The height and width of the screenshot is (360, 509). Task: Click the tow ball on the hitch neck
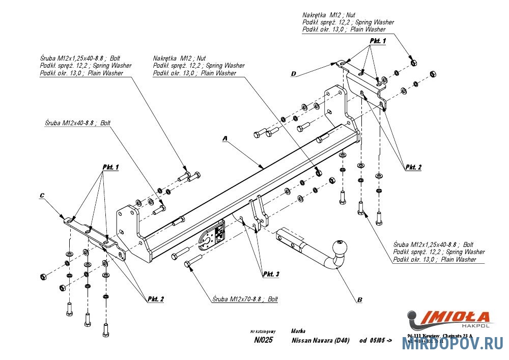[x=340, y=248]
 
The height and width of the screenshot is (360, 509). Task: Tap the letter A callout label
[x=224, y=138]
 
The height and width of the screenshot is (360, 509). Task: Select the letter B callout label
[x=359, y=300]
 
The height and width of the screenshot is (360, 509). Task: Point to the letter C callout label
[x=42, y=195]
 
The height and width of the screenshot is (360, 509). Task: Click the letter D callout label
[x=293, y=74]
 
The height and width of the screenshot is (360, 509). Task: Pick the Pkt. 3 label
[x=271, y=274]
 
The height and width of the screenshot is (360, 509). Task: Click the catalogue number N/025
[x=263, y=341]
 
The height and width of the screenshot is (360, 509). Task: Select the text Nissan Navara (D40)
[x=320, y=341]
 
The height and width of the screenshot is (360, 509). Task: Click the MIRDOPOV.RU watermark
[x=453, y=345]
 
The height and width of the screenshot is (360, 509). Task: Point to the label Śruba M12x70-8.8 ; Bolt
[x=246, y=299]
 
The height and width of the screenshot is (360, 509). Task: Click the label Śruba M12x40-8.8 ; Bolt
[x=77, y=123]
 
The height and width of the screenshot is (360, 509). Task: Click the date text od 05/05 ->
[x=376, y=341]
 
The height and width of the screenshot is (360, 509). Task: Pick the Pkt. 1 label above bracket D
[x=378, y=40]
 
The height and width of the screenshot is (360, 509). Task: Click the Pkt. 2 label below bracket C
[x=156, y=299]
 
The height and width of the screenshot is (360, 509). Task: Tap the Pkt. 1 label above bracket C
[x=110, y=167]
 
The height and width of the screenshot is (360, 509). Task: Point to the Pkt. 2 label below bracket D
[x=413, y=167]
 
